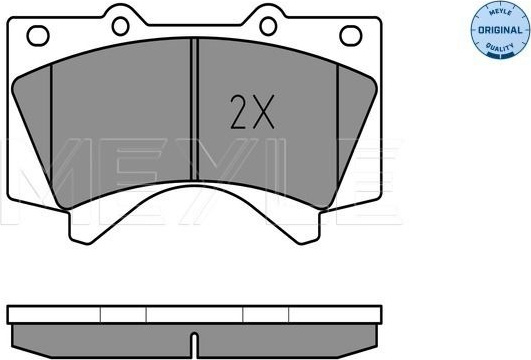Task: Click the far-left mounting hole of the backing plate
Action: click(38, 36)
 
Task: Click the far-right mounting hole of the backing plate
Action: click(351, 36)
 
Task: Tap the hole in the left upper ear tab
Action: click(121, 26)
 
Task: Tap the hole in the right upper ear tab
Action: click(268, 26)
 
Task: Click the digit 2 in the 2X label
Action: click(239, 112)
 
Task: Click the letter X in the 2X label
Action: click(263, 112)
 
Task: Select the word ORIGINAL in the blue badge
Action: click(500, 30)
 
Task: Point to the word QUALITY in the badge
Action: click(500, 47)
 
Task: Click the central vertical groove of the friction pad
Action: click(194, 109)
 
